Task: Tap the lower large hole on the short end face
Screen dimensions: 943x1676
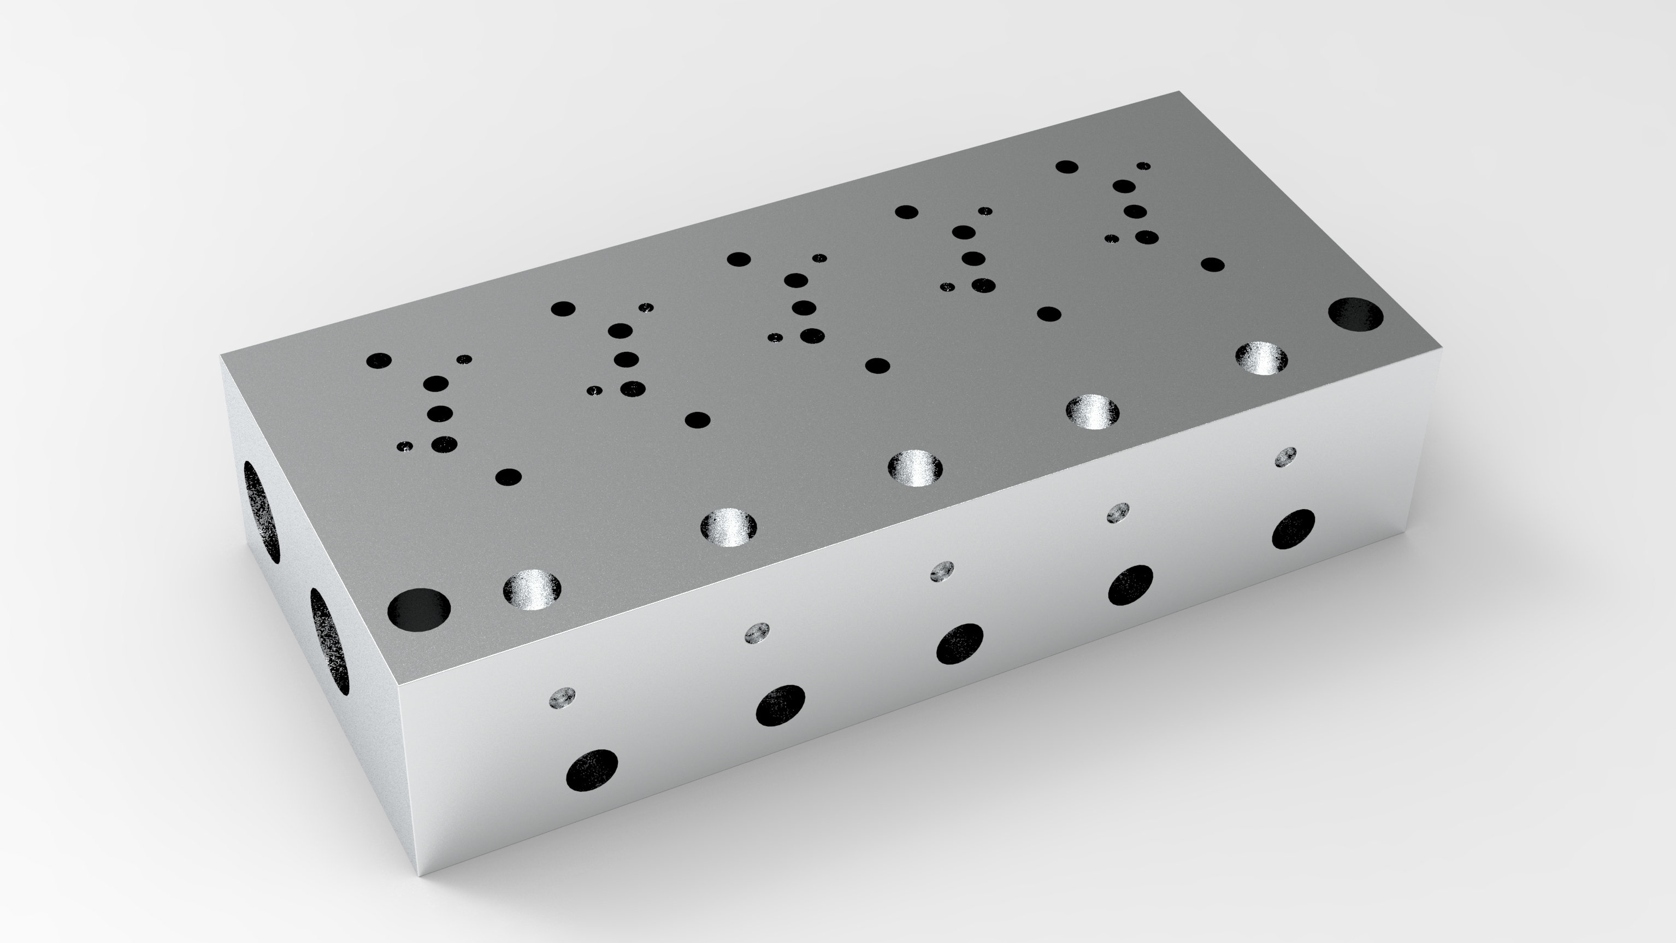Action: coord(329,641)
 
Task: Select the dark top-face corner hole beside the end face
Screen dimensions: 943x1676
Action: coord(418,610)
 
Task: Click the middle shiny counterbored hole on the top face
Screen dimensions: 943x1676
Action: coord(916,467)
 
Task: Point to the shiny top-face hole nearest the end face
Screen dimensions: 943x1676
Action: coord(532,590)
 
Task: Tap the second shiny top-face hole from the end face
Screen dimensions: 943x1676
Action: coord(729,527)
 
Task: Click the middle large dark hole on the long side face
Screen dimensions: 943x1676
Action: coord(960,644)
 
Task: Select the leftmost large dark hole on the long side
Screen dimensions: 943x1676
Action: coord(592,770)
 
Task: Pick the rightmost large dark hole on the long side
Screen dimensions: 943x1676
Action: coord(1294,529)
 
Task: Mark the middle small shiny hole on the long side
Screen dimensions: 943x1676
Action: coord(941,571)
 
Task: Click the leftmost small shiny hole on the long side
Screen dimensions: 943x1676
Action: coord(563,698)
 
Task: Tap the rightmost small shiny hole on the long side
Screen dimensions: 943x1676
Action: coord(1285,457)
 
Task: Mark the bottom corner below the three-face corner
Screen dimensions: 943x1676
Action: coord(421,875)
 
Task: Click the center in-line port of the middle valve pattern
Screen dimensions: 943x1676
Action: coord(804,307)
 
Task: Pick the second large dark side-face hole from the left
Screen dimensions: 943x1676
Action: coord(780,705)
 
